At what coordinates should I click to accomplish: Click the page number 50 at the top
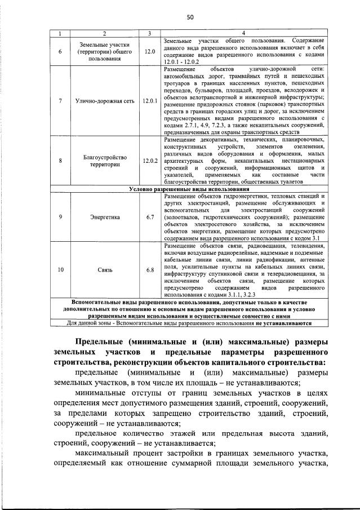click(190, 17)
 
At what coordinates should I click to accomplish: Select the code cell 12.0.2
click(149, 161)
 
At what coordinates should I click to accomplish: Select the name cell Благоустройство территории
click(103, 161)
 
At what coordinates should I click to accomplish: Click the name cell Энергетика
click(103, 217)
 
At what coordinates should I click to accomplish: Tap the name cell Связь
click(103, 270)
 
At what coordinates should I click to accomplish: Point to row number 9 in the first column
click(60, 217)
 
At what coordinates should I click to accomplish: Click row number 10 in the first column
click(60, 270)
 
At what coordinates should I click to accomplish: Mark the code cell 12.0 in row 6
click(149, 51)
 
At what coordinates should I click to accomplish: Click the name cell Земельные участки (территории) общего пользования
click(103, 51)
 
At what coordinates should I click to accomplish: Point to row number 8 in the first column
click(60, 161)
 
